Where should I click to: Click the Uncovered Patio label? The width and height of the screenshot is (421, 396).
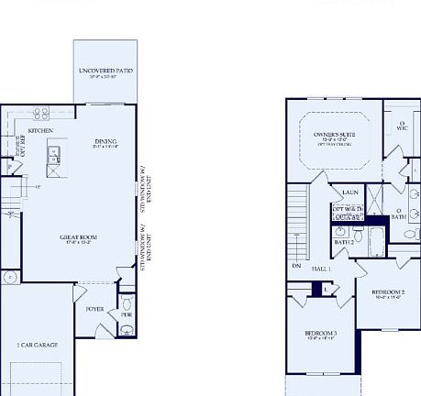[x=105, y=71]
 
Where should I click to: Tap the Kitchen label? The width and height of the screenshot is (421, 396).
[x=39, y=131]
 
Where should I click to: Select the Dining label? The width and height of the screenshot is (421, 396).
[x=105, y=141]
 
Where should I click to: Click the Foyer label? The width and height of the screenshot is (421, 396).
[x=95, y=309]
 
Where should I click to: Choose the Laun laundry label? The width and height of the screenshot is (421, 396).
[x=349, y=192]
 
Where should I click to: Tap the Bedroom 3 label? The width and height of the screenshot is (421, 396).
[x=321, y=334]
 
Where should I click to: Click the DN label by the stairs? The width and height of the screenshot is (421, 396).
[x=296, y=266]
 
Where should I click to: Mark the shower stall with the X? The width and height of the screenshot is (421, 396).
[x=376, y=199]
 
